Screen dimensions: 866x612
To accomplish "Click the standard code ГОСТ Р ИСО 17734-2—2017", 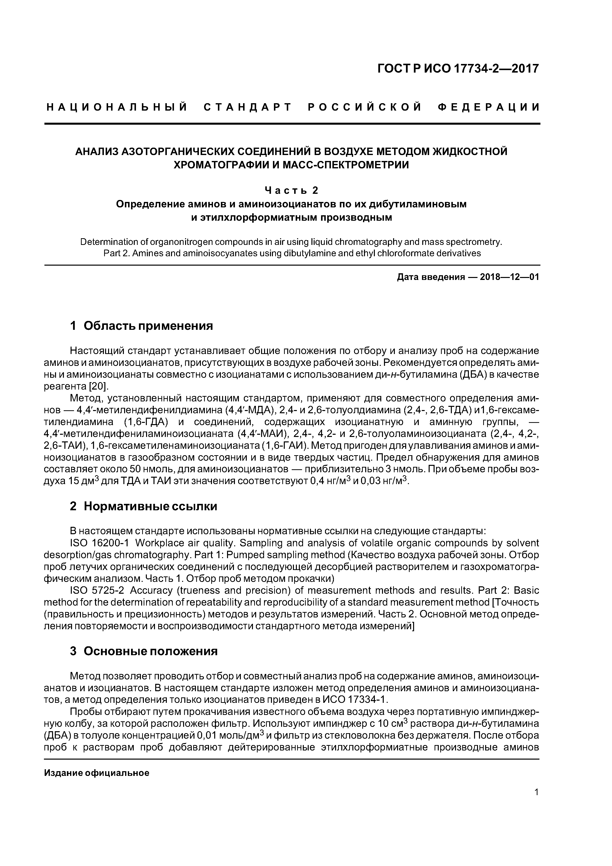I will [x=458, y=69].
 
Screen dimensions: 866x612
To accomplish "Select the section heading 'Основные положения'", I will [x=151, y=651].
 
